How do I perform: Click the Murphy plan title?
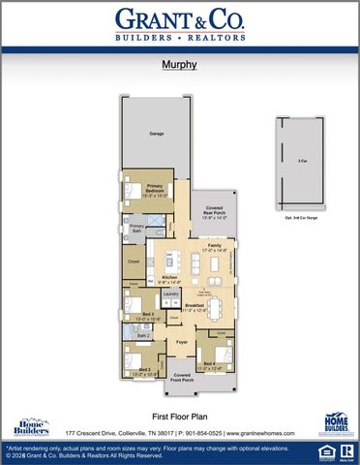pos(180,66)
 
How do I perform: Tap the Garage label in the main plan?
pos(154,134)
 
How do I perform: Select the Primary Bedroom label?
pos(155,190)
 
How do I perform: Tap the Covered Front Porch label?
pos(181,379)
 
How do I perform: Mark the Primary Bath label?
pos(137,230)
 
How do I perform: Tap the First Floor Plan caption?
pos(180,414)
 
